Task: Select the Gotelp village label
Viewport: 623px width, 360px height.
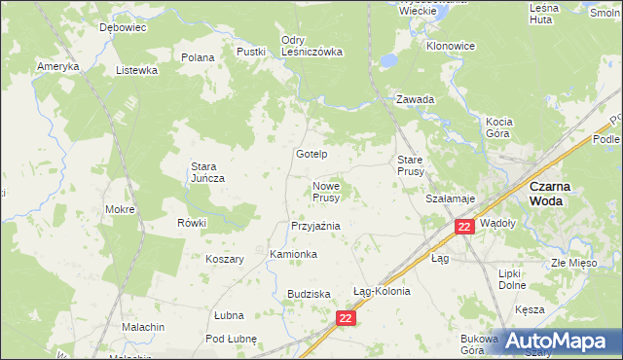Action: [311, 155]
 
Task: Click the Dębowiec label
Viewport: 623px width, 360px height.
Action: [123, 28]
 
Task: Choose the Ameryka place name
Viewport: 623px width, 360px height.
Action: [57, 65]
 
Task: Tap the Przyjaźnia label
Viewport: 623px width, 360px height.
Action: [314, 225]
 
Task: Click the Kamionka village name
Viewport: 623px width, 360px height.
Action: [293, 254]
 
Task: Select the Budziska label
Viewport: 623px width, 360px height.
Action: [310, 293]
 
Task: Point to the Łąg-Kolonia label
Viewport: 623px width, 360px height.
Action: [382, 291]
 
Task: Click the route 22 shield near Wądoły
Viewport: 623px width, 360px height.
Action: [464, 226]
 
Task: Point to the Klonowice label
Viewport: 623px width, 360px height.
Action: [451, 46]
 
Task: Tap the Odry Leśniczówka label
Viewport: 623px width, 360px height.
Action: [311, 47]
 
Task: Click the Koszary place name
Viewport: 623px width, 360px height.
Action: [224, 259]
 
